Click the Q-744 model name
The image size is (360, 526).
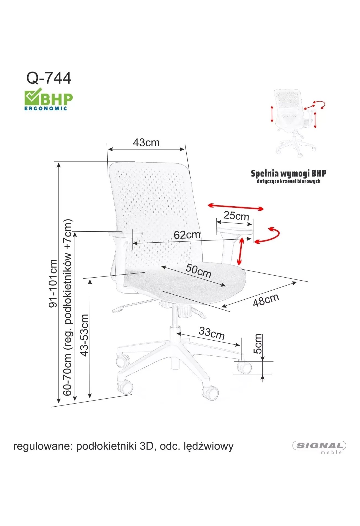[49, 78]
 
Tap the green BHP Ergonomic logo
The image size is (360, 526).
[49, 99]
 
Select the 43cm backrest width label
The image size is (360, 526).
[146, 143]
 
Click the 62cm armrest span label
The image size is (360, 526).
[187, 235]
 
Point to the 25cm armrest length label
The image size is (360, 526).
[236, 215]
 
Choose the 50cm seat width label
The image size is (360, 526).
[198, 271]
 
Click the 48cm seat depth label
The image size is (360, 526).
[266, 300]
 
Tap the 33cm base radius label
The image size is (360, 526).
[211, 333]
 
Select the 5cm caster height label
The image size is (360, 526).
[258, 344]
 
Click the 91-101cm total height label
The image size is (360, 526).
[53, 283]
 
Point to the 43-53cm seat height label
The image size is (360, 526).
[84, 335]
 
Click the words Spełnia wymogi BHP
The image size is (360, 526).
[288, 174]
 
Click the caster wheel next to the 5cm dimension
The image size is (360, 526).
[244, 368]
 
